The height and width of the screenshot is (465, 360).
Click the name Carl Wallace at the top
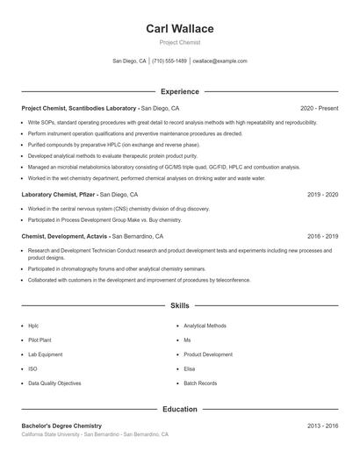click(180, 29)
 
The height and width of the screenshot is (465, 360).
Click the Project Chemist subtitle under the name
click(180, 42)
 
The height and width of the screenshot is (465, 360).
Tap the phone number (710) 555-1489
click(169, 61)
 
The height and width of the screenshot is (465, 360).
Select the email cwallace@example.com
click(220, 61)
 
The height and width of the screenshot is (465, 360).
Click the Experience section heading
click(180, 91)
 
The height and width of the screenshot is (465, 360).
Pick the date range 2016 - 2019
click(323, 236)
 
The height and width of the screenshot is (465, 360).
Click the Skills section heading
click(180, 305)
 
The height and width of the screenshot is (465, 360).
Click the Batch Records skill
click(200, 383)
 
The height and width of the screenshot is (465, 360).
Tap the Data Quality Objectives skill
click(54, 383)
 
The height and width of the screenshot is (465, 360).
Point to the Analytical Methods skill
click(205, 325)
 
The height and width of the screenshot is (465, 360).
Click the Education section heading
click(180, 409)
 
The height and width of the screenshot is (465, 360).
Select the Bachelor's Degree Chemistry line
click(68, 426)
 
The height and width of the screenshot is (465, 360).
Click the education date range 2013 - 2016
click(323, 426)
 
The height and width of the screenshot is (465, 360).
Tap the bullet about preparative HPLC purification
click(114, 144)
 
